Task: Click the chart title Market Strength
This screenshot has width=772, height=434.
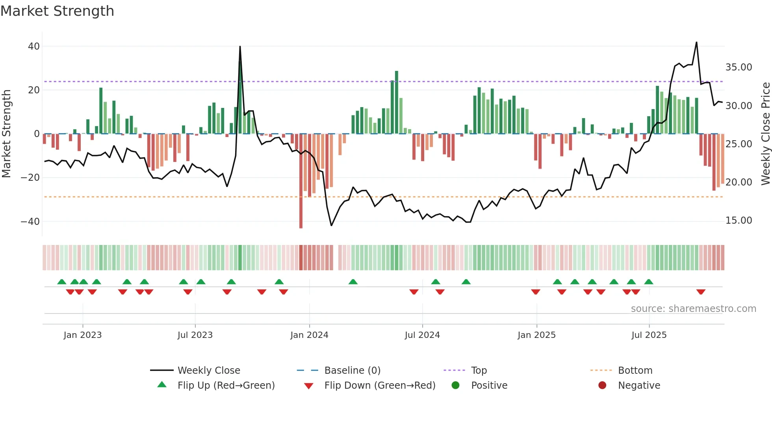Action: tap(58, 11)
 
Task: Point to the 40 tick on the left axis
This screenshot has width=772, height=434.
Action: tap(34, 46)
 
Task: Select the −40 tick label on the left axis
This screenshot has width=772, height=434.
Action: tap(30, 221)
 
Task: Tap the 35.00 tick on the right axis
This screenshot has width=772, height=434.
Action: tap(739, 67)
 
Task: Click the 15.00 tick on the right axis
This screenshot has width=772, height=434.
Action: tap(739, 221)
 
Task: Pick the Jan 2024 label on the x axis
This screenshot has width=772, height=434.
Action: tap(309, 335)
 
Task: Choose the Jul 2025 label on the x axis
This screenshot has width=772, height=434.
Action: tap(649, 335)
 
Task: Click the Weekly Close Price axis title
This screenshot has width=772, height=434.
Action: tap(765, 134)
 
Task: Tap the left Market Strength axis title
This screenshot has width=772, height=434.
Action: tap(6, 134)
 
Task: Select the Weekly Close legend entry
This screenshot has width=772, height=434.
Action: tap(208, 371)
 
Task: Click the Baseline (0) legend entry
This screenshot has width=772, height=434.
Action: tap(352, 371)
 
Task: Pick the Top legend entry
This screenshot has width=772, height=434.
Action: tap(479, 371)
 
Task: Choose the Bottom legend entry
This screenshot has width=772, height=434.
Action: tap(635, 371)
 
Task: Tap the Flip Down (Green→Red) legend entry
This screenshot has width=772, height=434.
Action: tap(379, 386)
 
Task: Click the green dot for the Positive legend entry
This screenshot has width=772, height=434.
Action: tap(455, 386)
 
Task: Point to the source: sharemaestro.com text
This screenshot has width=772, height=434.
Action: tap(693, 309)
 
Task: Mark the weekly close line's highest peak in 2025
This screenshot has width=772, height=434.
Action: tap(696, 43)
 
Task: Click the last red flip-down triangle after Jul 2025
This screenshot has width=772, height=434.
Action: tap(701, 292)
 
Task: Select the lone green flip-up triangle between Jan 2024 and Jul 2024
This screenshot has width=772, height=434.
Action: tap(353, 282)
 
